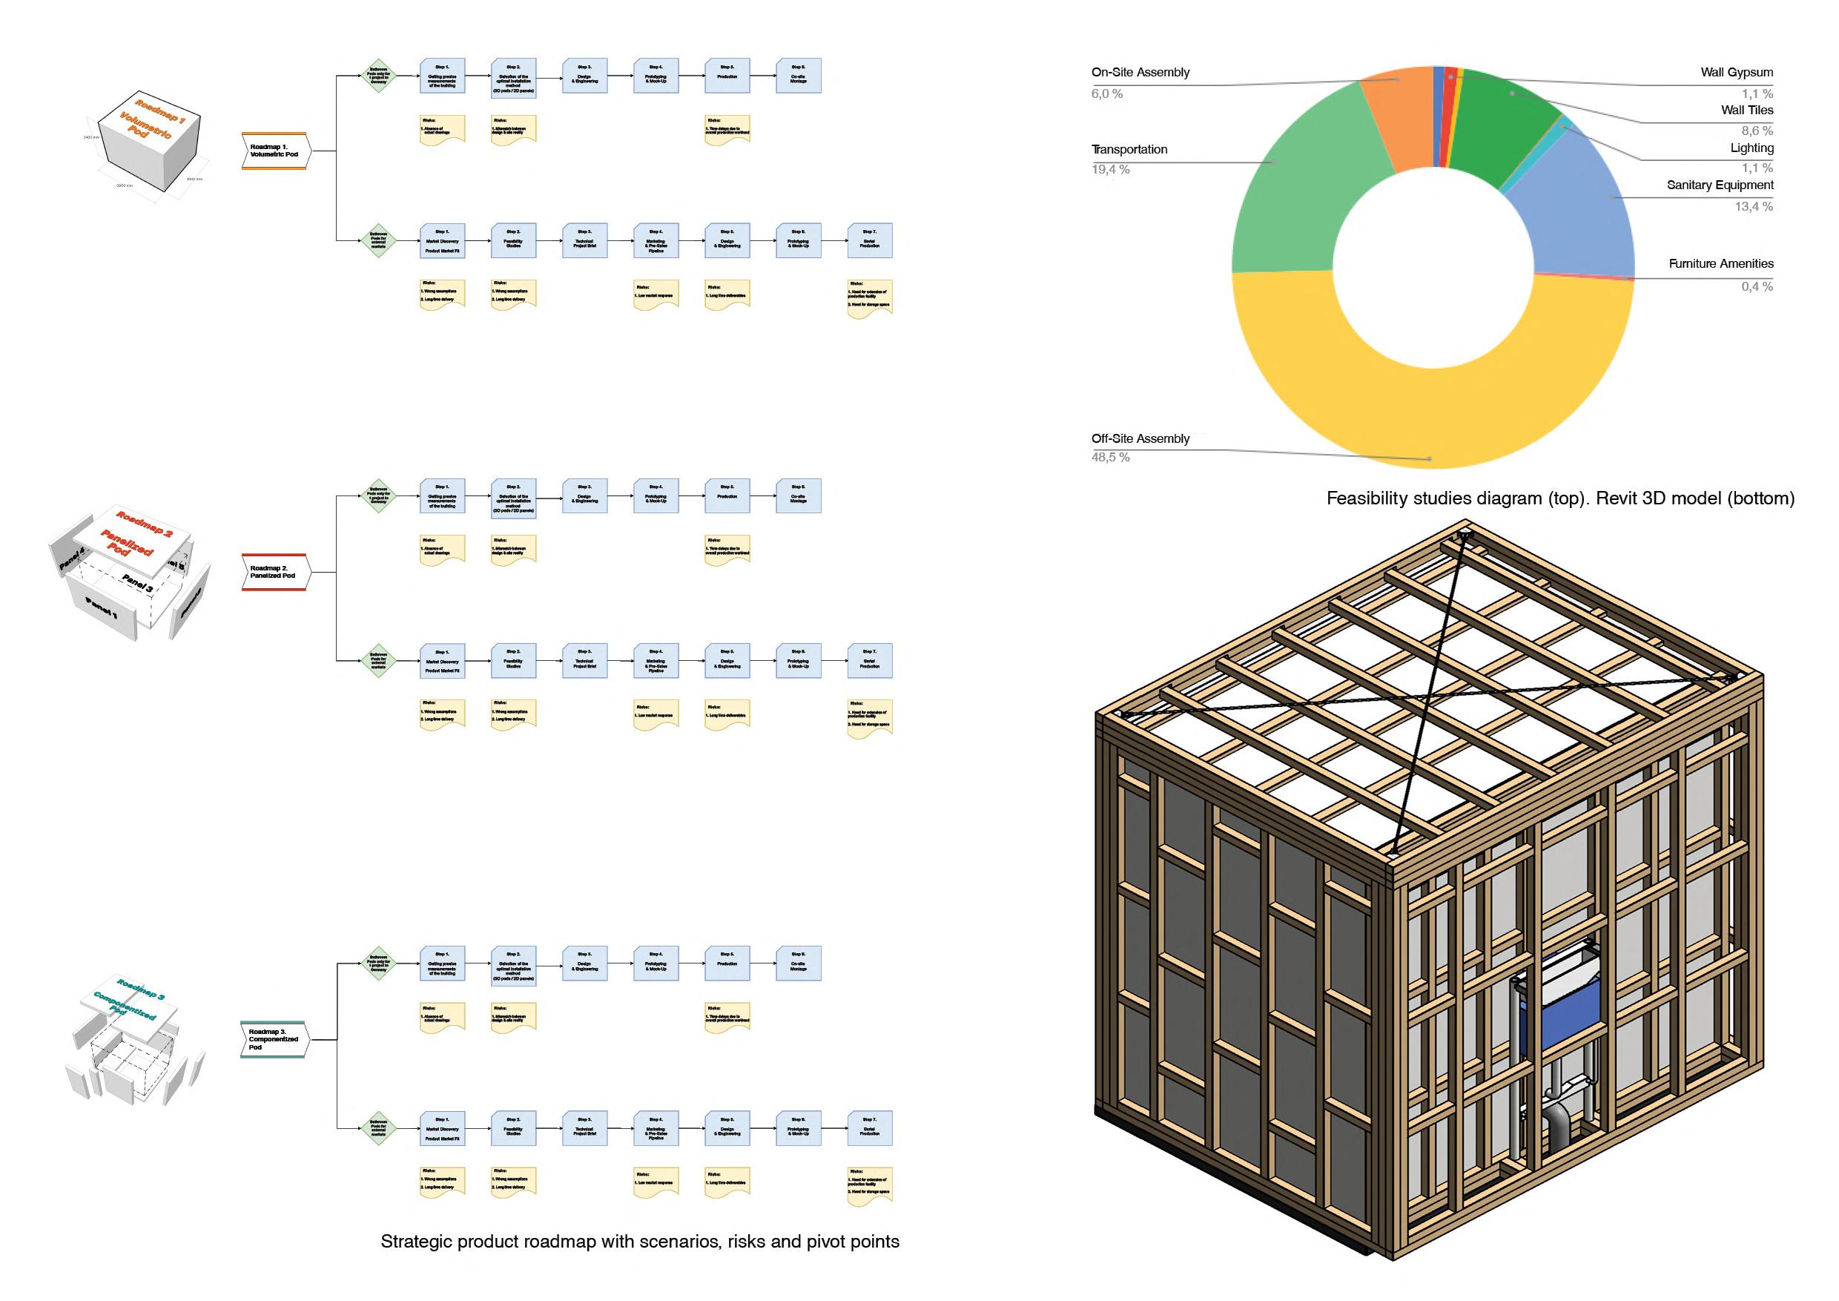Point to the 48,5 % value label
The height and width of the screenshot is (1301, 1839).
1110,458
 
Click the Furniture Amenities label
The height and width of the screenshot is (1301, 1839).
1720,263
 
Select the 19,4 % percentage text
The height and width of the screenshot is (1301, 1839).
1110,170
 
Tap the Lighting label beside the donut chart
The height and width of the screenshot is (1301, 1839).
1751,148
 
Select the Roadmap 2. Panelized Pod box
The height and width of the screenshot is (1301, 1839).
274,572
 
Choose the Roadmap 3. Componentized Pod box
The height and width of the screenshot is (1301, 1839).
273,1039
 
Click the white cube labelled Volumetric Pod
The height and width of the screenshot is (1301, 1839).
148,140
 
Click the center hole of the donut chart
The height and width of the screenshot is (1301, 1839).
1433,269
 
